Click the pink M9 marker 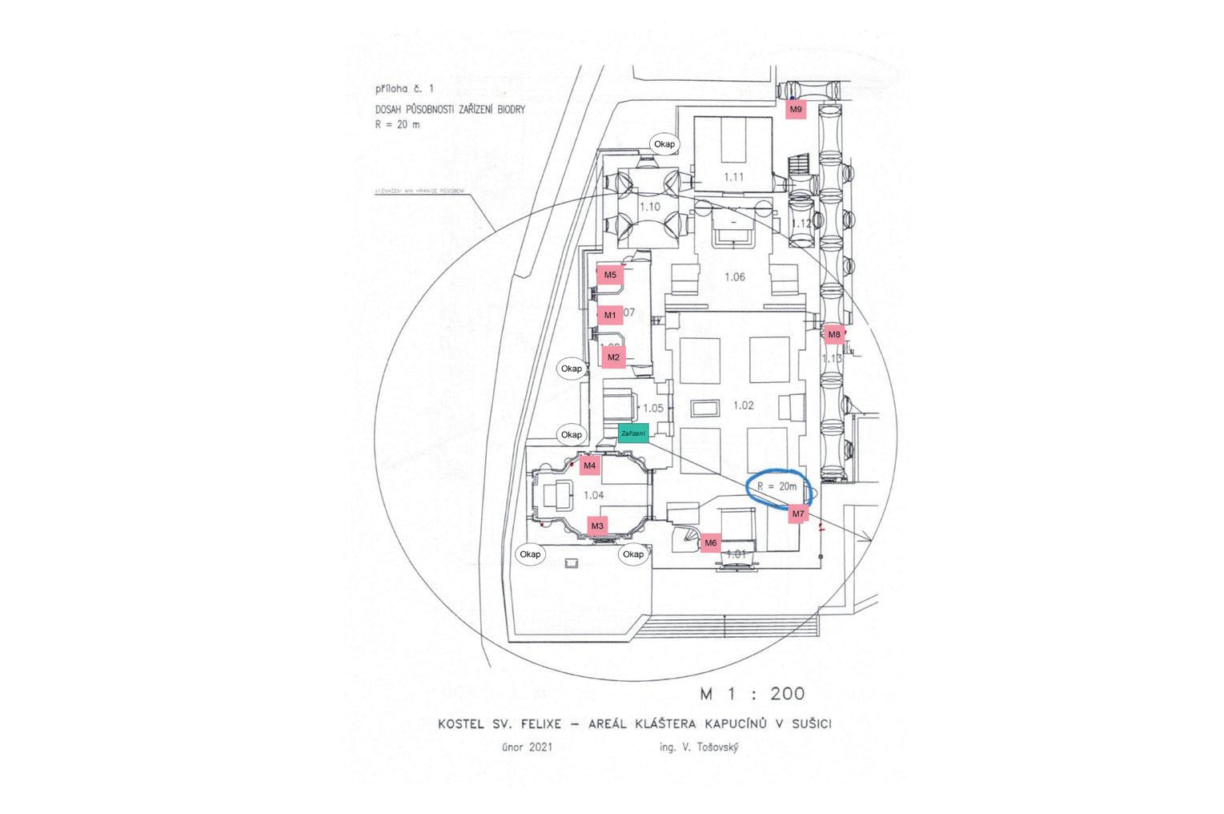point(795,109)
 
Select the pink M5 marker point(610,275)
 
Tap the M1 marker point(610,315)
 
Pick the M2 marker point(613,357)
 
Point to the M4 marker point(590,465)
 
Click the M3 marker point(597,526)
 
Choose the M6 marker point(710,543)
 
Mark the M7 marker point(797,514)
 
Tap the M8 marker point(834,334)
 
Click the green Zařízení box point(632,433)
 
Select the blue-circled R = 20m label point(778,487)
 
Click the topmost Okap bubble point(664,144)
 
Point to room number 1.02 point(744,405)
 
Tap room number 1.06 point(734,277)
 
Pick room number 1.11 point(734,177)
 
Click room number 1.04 point(593,495)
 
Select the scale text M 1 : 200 point(752,694)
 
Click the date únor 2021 point(527,748)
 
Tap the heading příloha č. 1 point(404,90)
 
